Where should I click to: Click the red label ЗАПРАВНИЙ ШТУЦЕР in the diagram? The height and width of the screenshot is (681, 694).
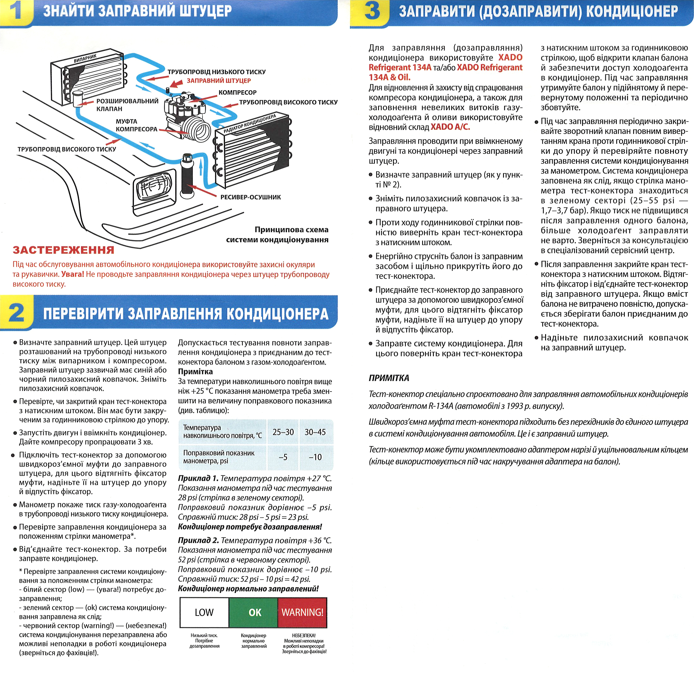218,81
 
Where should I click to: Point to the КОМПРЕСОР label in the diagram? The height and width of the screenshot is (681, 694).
237,92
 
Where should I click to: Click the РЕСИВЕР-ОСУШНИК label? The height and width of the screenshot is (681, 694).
250,197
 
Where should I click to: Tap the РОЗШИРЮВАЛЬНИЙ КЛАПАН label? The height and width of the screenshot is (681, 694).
127,105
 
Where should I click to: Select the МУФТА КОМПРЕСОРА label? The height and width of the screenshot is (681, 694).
136,125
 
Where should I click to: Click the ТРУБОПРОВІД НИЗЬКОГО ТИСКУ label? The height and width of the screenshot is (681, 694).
216,72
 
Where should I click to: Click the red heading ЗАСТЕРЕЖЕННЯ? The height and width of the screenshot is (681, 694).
63,250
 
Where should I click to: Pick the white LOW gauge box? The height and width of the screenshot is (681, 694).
204,612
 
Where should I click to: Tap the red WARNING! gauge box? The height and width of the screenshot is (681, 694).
302,612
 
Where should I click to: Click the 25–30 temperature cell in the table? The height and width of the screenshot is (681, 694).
283,432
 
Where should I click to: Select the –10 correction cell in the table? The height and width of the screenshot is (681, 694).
315,457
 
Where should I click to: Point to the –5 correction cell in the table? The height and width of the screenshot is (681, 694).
283,457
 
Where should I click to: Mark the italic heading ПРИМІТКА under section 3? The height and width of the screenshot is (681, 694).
389,378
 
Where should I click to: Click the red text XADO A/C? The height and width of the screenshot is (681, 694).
450,127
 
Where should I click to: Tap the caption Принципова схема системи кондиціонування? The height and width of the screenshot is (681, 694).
277,235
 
